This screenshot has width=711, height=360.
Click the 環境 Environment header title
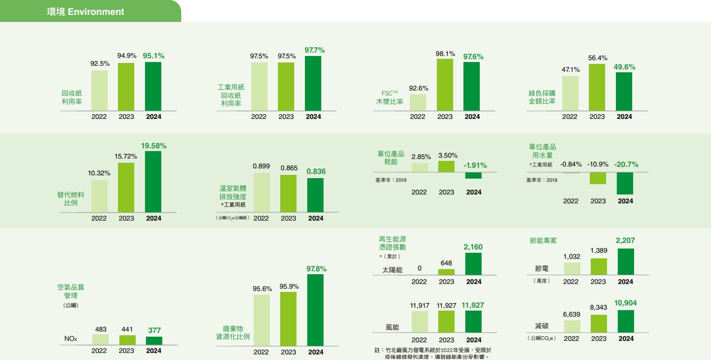(85, 12)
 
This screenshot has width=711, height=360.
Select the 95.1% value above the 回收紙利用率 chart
(153, 55)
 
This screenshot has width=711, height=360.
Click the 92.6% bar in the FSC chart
(418, 103)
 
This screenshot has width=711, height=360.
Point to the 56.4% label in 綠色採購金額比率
(597, 58)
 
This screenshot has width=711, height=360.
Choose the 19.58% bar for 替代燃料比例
(153, 182)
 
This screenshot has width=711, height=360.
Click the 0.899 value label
(261, 166)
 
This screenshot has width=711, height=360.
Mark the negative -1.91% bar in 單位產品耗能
(474, 176)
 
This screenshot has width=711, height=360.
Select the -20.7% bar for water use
(625, 183)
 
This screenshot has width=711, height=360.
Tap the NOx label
(71, 339)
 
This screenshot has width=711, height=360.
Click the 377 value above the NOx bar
(154, 330)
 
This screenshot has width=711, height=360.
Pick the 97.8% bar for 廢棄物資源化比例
(315, 310)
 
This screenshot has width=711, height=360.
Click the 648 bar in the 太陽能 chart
(446, 272)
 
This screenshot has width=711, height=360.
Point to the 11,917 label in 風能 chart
(419, 305)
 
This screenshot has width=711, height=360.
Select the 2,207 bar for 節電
(625, 262)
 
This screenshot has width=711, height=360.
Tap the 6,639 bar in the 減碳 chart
(572, 326)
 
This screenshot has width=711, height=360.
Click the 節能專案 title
(543, 241)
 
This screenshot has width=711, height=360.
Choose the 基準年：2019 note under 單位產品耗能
(391, 180)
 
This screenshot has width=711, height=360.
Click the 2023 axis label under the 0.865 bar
(288, 218)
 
